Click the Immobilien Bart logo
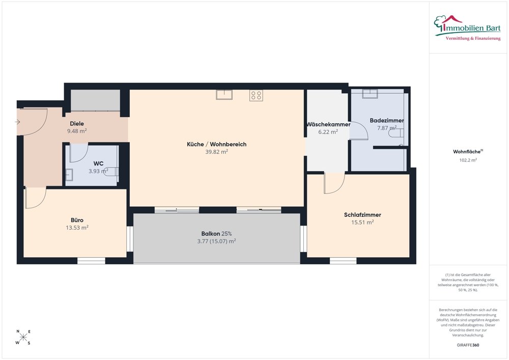(x=467, y=27)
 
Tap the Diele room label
(x=77, y=124)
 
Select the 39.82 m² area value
(x=216, y=152)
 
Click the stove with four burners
(x=256, y=95)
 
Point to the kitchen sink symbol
(x=224, y=95)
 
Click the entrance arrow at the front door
(x=17, y=122)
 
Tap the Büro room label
(x=77, y=220)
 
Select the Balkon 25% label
(x=216, y=234)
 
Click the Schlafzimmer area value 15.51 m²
(x=362, y=223)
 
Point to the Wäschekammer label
(x=328, y=124)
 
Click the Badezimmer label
(x=387, y=121)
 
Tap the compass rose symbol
(x=23, y=337)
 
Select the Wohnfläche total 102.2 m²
(x=468, y=160)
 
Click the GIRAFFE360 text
(x=468, y=345)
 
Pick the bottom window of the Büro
(x=91, y=261)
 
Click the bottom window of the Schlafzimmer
(x=343, y=261)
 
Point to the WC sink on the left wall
(x=69, y=175)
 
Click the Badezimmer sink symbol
(x=370, y=94)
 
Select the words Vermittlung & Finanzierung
(x=473, y=39)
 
